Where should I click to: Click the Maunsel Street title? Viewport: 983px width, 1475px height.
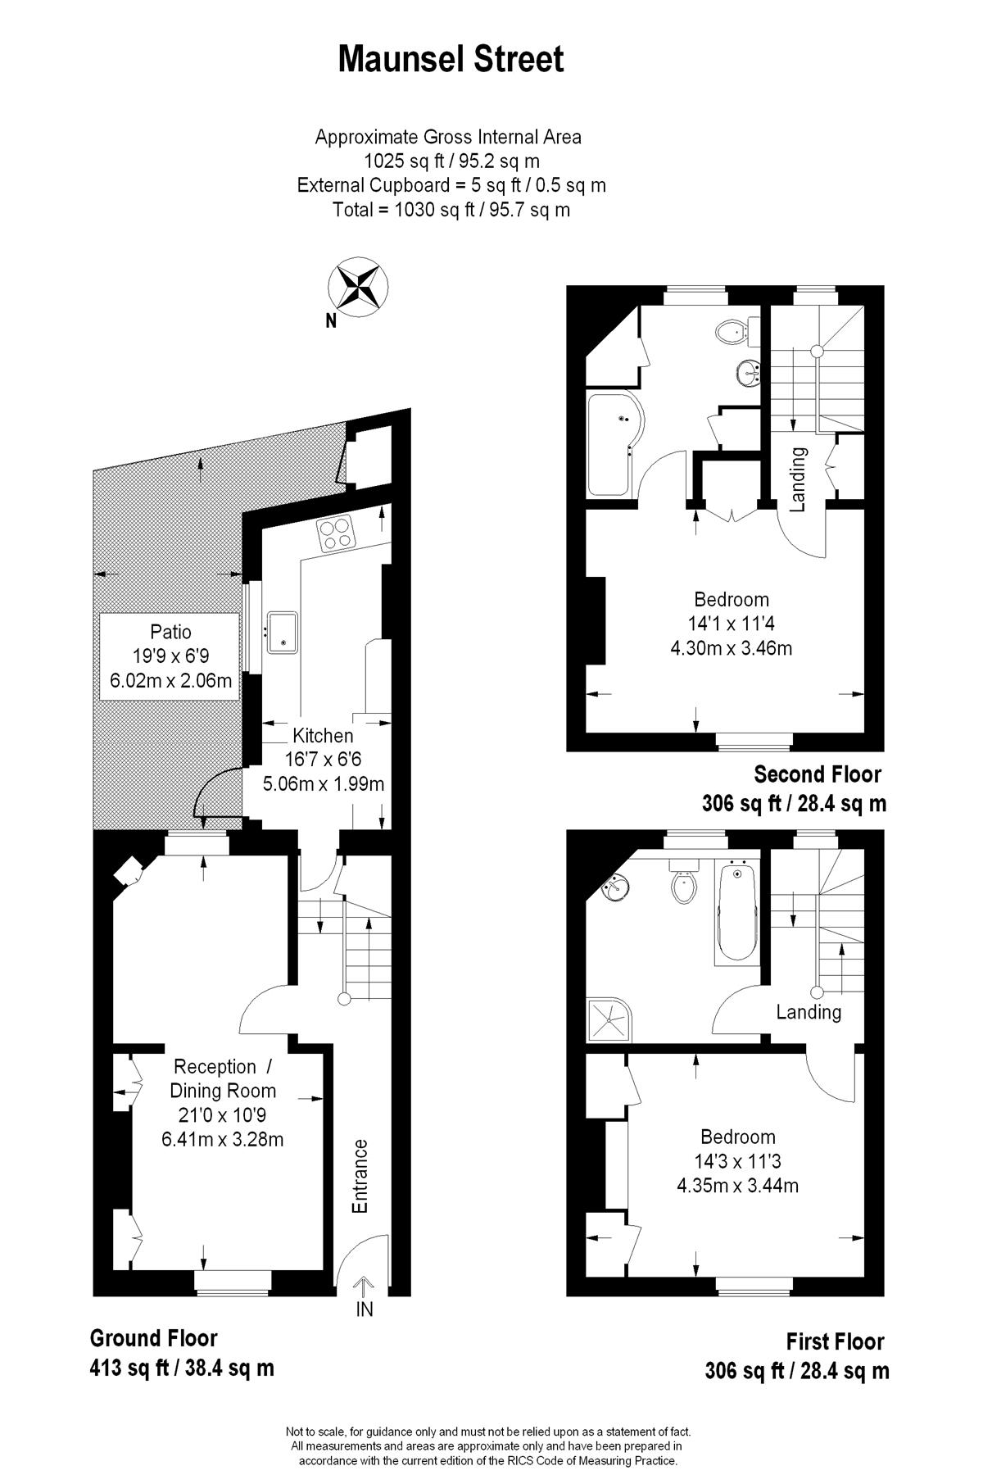[x=451, y=60]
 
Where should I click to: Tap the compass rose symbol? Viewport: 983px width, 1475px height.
[x=358, y=288]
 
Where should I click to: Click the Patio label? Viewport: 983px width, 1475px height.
[x=170, y=632]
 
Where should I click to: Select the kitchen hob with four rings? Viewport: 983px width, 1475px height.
[x=337, y=534]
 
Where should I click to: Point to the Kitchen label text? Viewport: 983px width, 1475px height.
[x=323, y=736]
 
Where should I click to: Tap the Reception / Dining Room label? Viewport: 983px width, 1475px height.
[x=223, y=1078]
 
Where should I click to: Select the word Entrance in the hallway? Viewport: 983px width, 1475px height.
[x=360, y=1176]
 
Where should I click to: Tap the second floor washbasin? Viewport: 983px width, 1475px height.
[x=750, y=374]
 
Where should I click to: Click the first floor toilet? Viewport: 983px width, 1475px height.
[x=683, y=881]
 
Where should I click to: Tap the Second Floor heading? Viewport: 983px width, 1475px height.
[x=818, y=774]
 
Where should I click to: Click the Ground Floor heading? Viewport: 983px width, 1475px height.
[x=153, y=1338]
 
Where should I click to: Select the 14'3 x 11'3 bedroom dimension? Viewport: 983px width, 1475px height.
[x=738, y=1161]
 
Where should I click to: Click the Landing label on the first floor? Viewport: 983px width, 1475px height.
[x=809, y=1012]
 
